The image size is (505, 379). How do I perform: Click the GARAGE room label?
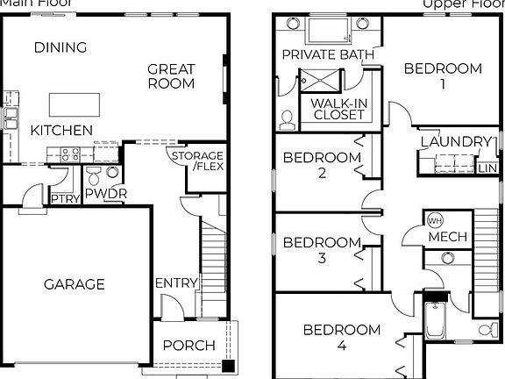point(75,283)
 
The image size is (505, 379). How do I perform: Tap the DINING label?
point(60,47)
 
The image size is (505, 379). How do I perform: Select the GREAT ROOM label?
point(171,76)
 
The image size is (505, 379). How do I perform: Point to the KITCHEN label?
point(61,130)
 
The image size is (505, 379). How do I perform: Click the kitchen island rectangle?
point(74,104)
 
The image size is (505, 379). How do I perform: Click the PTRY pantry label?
point(64,199)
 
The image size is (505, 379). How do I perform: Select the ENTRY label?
point(175,282)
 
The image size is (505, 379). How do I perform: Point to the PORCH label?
point(188,345)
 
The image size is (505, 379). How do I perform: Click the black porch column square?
point(228,365)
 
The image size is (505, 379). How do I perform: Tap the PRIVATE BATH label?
point(328,54)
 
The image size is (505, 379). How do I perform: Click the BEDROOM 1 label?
point(443,76)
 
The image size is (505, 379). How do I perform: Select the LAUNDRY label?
point(455,141)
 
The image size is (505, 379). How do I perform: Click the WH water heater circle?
point(436,219)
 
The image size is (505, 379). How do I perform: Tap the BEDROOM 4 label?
point(342,338)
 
